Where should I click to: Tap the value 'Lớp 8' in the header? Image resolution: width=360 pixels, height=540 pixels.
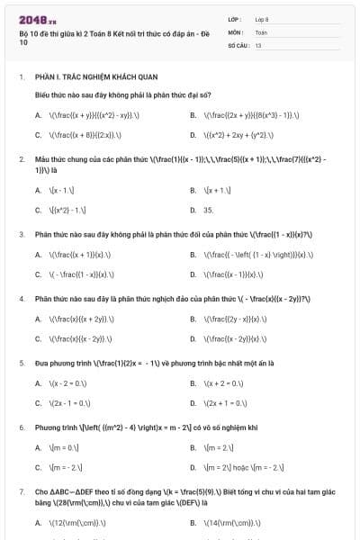tap(263, 19)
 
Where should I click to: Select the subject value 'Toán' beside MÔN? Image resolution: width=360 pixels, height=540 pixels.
tap(261, 31)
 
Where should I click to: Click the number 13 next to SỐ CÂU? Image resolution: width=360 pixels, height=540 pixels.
tap(258, 44)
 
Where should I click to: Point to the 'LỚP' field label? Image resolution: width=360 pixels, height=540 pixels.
tap(235, 19)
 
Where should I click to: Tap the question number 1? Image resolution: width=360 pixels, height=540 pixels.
tap(21, 77)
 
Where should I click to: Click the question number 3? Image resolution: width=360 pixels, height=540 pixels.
tap(21, 234)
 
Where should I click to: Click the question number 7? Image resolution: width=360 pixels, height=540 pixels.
tap(21, 492)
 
